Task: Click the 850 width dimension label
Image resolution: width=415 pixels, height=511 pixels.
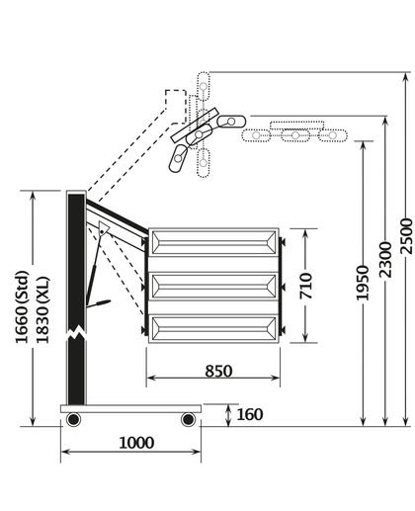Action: (x=218, y=372)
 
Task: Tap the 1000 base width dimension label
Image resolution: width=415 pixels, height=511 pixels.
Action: (x=129, y=442)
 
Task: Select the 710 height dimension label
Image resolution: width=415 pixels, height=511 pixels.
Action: (x=306, y=285)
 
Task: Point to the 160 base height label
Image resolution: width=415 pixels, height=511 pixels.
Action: (x=250, y=414)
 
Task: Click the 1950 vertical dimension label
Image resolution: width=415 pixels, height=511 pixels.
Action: (x=363, y=283)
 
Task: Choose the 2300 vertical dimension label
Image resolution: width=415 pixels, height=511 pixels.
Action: (x=384, y=259)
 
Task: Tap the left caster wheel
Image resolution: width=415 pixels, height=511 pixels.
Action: (x=73, y=420)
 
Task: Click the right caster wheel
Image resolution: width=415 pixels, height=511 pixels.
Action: (x=188, y=420)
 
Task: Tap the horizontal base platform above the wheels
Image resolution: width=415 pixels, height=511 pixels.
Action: (x=130, y=407)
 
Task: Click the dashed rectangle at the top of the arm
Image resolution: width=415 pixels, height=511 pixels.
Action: (x=176, y=106)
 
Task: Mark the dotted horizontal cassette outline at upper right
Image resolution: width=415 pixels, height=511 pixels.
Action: (x=294, y=132)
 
